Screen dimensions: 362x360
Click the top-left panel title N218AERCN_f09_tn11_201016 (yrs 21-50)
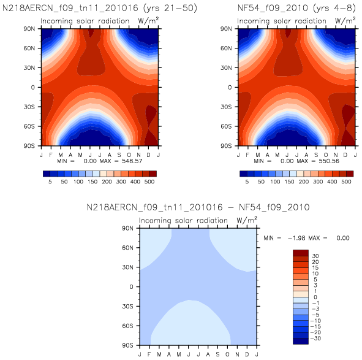coord(100,9)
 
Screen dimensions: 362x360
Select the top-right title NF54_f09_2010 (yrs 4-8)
coord(296,9)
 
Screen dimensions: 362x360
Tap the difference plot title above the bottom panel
coord(198,207)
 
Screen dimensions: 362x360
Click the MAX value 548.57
coord(132,161)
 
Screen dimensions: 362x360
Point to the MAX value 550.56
coord(329,161)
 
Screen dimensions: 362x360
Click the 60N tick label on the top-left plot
coord(29,48)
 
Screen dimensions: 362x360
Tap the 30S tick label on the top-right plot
coord(226,107)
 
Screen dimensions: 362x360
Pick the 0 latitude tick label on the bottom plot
coord(131,286)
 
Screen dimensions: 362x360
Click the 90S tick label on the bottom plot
coord(127,345)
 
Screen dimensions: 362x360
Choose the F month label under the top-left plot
coord(51,155)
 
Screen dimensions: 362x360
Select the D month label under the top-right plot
coord(345,155)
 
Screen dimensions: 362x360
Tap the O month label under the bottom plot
coord(227,354)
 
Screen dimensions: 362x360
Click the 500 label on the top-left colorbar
coord(149,182)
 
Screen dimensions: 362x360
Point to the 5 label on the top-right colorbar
coord(247,182)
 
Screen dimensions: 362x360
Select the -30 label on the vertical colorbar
coord(315,339)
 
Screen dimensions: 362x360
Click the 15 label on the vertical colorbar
coord(315,268)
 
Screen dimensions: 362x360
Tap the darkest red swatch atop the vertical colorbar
coord(301,253)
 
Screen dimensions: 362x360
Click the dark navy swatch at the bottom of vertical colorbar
coord(301,341)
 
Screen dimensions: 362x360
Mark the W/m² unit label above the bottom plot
coord(247,220)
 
